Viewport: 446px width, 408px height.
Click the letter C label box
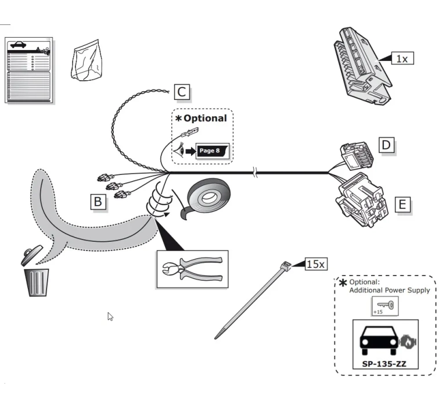point(182,92)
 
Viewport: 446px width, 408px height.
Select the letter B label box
point(98,202)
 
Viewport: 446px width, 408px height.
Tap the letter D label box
point(387,145)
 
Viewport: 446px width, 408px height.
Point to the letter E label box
point(403,205)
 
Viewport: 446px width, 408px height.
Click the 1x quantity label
point(402,58)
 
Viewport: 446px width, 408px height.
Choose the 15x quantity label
point(316,264)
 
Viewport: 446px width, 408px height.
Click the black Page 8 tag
point(213,151)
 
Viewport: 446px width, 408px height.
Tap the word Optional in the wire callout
point(205,118)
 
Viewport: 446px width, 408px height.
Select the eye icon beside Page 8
point(179,150)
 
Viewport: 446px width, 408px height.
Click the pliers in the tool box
point(192,269)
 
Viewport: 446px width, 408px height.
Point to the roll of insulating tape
point(207,198)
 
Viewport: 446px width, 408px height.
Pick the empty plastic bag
point(87,60)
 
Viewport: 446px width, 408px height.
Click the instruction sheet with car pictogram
point(28,70)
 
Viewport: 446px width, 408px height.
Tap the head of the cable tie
point(286,266)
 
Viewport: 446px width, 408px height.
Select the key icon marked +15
point(385,306)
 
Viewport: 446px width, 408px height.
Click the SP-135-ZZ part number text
point(384,364)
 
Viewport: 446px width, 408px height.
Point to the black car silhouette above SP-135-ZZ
point(379,340)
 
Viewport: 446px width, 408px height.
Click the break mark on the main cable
point(255,173)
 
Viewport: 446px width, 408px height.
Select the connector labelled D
point(357,156)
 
